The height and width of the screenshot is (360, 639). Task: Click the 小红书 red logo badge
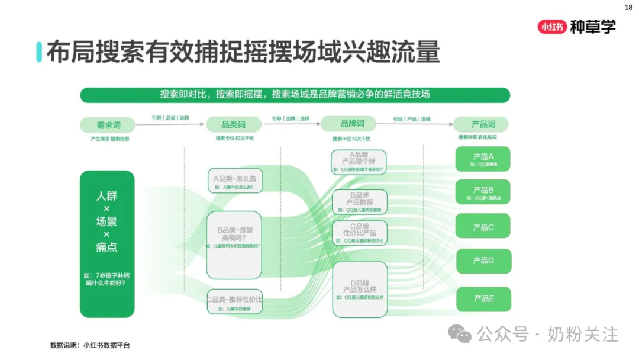552,27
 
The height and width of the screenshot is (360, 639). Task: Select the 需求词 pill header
108,125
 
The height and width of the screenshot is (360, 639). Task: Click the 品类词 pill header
233,124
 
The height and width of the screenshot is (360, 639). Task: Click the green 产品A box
483,159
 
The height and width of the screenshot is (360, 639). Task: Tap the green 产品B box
483,192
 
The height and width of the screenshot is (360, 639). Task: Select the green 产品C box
483,227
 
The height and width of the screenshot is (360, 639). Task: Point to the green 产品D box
483,261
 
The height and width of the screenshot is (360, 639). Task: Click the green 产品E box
483,298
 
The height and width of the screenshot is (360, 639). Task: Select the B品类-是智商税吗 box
234,245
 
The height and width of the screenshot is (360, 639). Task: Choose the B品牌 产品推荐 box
360,202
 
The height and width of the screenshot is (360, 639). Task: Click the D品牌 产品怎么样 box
360,290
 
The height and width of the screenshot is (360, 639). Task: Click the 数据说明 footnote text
90,345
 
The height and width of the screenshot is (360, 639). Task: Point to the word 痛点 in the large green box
106,247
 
